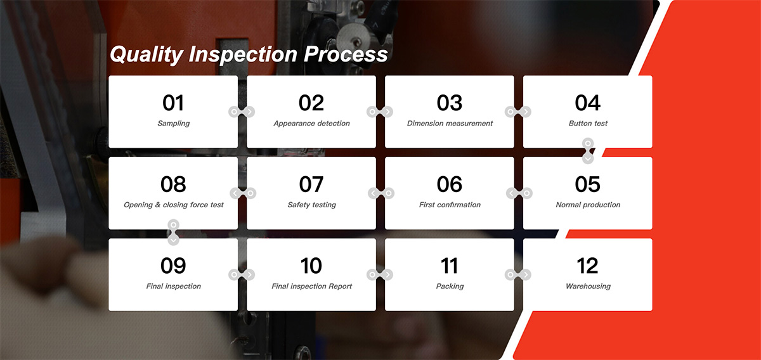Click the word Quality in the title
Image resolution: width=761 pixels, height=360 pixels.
click(146, 55)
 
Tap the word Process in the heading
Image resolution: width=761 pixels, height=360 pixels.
click(346, 55)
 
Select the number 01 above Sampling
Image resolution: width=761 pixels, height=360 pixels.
click(173, 103)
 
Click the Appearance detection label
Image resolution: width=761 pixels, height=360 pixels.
click(311, 124)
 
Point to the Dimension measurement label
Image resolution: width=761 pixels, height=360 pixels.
click(450, 124)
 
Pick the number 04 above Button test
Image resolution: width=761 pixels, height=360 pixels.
click(588, 103)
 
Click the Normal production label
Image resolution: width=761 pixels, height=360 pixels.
click(588, 205)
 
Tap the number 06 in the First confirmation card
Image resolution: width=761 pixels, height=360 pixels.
click(450, 184)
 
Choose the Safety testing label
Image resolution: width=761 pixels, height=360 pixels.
click(311, 205)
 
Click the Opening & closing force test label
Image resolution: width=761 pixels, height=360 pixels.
click(173, 205)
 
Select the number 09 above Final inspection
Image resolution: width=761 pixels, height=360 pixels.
click(173, 266)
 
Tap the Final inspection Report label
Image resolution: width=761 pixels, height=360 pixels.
click(311, 286)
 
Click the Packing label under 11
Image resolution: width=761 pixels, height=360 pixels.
click(450, 286)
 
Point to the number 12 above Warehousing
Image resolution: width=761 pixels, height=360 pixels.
click(588, 266)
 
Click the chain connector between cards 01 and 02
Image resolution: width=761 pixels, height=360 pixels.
click(242, 112)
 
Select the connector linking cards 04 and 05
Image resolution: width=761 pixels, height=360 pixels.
click(588, 151)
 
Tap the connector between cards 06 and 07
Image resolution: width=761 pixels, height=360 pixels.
click(381, 193)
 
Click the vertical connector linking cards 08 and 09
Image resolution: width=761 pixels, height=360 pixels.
click(173, 233)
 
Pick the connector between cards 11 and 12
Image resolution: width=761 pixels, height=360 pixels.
click(518, 275)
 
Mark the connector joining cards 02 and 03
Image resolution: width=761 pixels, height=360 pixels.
click(380, 112)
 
